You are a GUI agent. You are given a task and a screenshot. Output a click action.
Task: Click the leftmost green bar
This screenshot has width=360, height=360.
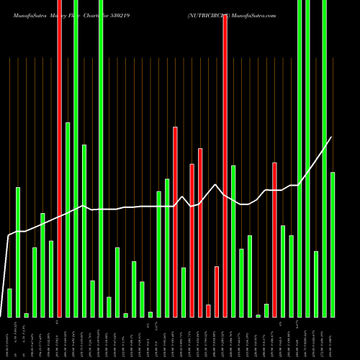pyautogui.click(x=9, y=302)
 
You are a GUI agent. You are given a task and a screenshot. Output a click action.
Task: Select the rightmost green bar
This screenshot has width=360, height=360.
pyautogui.click(x=333, y=245)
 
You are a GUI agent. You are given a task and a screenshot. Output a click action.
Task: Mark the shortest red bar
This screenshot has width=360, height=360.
pyautogui.click(x=208, y=310)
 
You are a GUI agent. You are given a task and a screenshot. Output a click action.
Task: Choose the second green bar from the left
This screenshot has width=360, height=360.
pyautogui.click(x=18, y=252)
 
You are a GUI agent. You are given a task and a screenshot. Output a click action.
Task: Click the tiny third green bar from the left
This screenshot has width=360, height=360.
pyautogui.click(x=27, y=315)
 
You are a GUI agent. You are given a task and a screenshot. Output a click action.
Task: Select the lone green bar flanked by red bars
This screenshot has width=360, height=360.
pyautogui.click(x=184, y=292)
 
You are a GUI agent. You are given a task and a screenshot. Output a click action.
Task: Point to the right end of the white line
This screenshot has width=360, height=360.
pyautogui.click(x=332, y=137)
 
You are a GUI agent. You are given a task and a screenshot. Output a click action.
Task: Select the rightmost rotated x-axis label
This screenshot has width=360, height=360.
pyautogui.click(x=333, y=338)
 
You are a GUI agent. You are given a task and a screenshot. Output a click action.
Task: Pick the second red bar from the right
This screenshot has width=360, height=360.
pyautogui.click(x=225, y=166)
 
